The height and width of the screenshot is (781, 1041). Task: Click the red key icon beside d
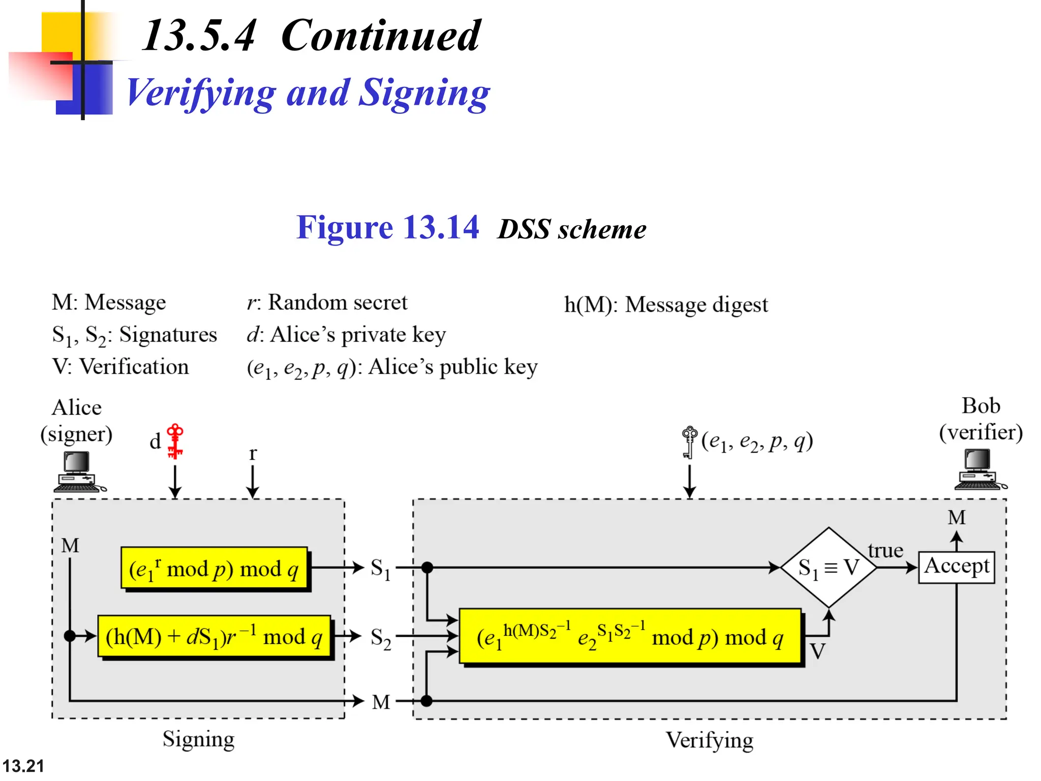(x=175, y=441)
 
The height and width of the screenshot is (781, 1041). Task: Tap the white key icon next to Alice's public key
(x=689, y=441)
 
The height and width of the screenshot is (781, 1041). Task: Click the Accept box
(x=956, y=567)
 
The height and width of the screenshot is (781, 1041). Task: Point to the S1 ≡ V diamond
(x=829, y=567)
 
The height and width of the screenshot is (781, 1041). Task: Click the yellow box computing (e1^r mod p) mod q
(x=214, y=568)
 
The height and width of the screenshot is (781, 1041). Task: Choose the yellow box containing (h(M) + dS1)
(x=214, y=636)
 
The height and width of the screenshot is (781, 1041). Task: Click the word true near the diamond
(x=885, y=550)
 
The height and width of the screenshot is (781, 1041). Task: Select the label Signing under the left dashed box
(x=198, y=739)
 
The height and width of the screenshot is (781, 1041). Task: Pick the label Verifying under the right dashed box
(x=710, y=740)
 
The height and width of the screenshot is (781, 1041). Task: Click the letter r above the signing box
(x=253, y=453)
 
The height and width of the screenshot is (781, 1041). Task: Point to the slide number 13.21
(x=23, y=766)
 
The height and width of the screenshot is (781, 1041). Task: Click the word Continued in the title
(x=380, y=35)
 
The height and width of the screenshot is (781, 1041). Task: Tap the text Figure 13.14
(x=387, y=227)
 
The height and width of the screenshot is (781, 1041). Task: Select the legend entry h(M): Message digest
(x=666, y=305)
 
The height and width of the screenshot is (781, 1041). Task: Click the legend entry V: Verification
(x=120, y=367)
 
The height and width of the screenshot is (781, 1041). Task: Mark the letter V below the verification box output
(x=817, y=651)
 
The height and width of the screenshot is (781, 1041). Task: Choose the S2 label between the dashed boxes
(x=380, y=638)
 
